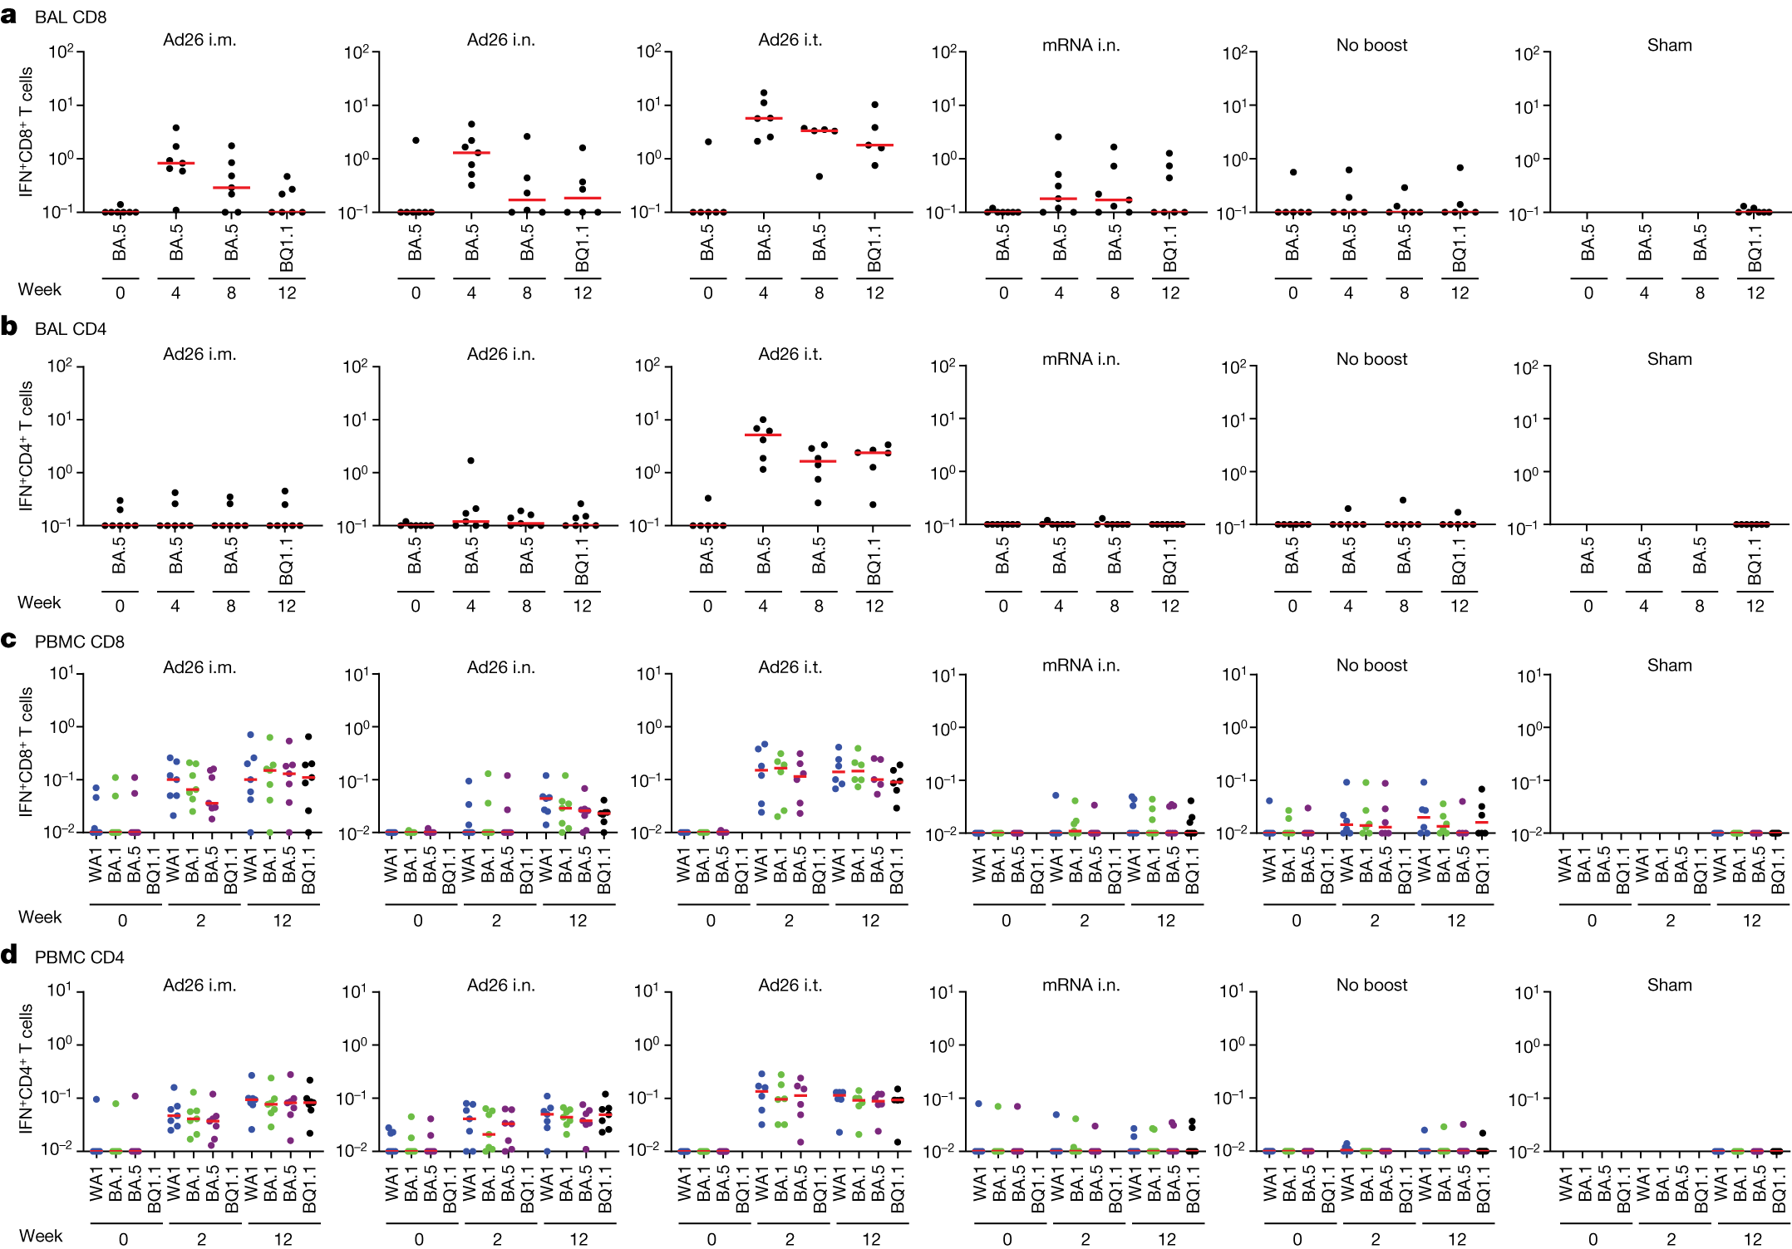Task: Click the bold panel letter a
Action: (8, 15)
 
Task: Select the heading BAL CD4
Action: (71, 329)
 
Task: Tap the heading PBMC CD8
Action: (80, 642)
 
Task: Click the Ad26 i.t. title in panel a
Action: (790, 40)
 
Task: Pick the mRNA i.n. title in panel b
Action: (1081, 359)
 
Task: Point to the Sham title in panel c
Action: (1669, 665)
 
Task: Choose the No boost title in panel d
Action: (1371, 985)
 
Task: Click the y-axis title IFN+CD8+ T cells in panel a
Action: (27, 131)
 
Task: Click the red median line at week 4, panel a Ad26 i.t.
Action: (763, 119)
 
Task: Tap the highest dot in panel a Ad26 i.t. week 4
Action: (764, 93)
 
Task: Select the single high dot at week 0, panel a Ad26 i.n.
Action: (416, 140)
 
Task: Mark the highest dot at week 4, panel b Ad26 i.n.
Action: (470, 460)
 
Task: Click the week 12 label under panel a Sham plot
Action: (1755, 293)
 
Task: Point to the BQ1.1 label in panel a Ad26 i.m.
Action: (287, 247)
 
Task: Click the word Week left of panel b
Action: (39, 602)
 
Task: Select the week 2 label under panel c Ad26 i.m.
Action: (200, 920)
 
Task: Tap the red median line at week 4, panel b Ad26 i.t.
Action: (763, 435)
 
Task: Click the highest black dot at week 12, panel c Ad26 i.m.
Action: (308, 736)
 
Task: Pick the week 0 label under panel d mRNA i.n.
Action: (1007, 1239)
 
